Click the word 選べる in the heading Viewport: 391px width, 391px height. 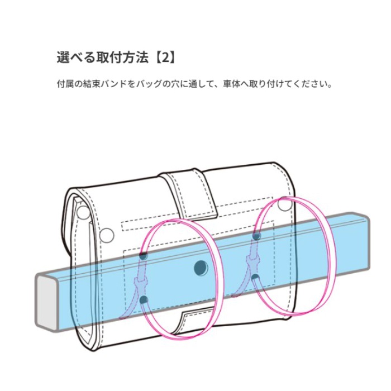pos(77,58)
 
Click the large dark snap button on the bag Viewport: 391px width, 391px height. pos(201,268)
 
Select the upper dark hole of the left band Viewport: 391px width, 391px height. pos(143,256)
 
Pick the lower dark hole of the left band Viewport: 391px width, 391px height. pos(144,300)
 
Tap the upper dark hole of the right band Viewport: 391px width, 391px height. pos(256,235)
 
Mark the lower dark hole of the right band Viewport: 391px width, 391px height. pos(255,278)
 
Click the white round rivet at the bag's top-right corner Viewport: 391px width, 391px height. pos(284,204)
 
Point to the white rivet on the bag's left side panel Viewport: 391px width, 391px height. pos(83,212)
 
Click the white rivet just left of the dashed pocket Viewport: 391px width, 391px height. pos(107,235)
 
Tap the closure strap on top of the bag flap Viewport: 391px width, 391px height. pos(189,192)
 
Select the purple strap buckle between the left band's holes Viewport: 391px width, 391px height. pos(141,283)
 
